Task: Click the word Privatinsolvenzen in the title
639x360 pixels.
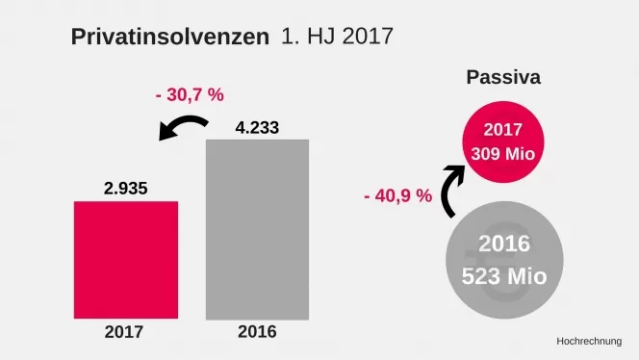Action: (x=169, y=39)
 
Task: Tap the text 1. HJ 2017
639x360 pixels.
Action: (x=337, y=38)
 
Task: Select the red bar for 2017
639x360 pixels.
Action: (x=126, y=259)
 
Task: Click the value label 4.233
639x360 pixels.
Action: (x=258, y=125)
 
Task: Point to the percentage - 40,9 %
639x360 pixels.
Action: (x=397, y=195)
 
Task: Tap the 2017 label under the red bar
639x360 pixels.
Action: (x=123, y=332)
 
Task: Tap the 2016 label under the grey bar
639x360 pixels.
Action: (x=257, y=332)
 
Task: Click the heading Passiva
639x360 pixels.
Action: (x=502, y=77)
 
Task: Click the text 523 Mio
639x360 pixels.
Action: (x=503, y=275)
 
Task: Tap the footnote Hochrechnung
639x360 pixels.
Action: (x=589, y=341)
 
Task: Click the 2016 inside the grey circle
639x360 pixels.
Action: (x=503, y=244)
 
